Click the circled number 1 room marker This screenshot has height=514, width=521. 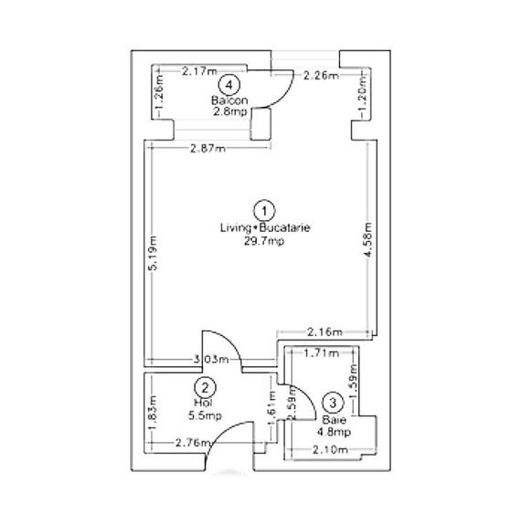(x=264, y=207)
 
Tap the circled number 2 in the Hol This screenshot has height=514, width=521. (x=207, y=387)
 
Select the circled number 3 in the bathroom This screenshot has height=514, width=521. (x=334, y=401)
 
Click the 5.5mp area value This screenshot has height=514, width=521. (x=206, y=416)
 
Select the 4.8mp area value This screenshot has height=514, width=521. (x=334, y=431)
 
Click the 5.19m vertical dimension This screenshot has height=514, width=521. (x=154, y=255)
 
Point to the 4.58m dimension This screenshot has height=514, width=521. (x=368, y=242)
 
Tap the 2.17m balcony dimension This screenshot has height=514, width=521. (x=199, y=70)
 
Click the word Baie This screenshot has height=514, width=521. (x=334, y=420)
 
